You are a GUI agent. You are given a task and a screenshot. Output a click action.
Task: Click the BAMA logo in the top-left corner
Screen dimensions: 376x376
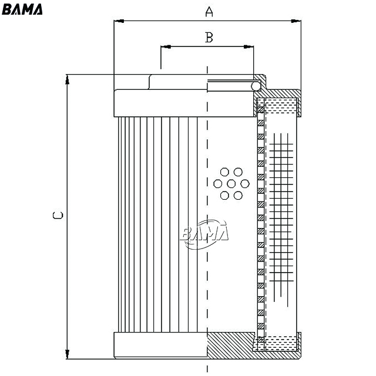[22, 9]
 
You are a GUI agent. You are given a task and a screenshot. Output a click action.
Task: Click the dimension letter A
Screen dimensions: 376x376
[209, 12]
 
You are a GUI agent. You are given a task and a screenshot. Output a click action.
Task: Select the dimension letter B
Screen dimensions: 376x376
[209, 38]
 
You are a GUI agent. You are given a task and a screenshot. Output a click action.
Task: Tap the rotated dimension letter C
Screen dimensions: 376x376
[58, 215]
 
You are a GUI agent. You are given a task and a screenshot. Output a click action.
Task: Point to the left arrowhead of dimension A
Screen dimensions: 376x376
[119, 21]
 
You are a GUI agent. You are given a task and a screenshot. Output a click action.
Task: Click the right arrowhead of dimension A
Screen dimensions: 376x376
[296, 21]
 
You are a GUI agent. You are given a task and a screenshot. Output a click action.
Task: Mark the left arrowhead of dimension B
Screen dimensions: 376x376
[166, 46]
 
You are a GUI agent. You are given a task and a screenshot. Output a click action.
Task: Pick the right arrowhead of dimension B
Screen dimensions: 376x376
[249, 46]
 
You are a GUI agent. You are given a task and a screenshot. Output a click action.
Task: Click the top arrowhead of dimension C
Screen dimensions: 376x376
[68, 80]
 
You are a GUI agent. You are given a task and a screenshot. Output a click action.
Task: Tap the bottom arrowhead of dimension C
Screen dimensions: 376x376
[68, 354]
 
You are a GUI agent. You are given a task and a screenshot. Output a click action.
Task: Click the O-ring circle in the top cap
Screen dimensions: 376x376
[256, 86]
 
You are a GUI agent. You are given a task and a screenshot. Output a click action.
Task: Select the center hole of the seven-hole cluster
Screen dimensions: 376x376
[231, 184]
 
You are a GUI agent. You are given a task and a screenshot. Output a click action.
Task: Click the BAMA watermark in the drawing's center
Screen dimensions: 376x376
[204, 234]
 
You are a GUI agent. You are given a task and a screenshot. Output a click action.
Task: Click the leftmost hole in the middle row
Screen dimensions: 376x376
[218, 184]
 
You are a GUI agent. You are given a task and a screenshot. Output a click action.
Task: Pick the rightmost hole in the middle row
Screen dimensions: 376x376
[245, 184]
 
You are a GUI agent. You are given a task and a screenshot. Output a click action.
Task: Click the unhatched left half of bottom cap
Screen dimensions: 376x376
[160, 345]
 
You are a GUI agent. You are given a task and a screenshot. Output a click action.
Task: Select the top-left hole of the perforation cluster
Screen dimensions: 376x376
[224, 172]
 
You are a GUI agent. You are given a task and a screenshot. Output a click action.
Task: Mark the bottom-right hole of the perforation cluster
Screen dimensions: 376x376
[238, 196]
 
